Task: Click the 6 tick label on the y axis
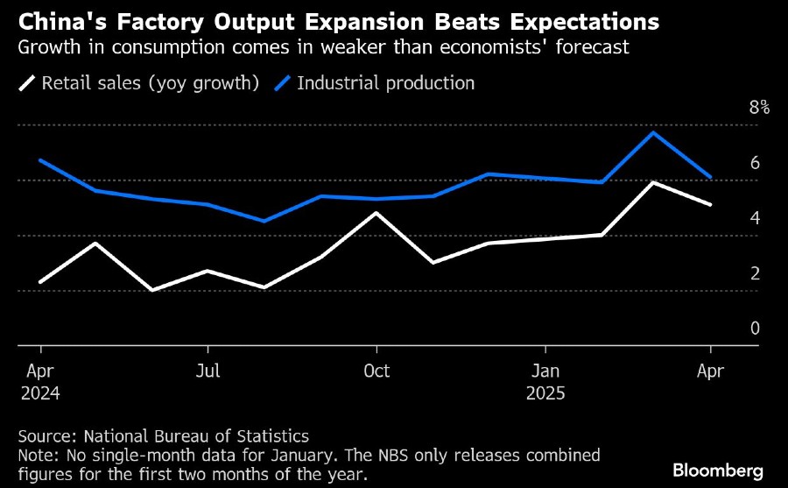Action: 755,163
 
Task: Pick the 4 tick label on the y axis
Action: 755,218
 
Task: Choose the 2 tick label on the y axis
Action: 755,273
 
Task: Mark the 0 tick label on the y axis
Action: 755,329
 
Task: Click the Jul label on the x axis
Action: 208,371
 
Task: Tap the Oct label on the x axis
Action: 376,371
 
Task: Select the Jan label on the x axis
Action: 545,371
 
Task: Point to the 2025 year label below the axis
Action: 547,393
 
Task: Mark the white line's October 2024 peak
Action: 376,213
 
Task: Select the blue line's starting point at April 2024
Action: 41,160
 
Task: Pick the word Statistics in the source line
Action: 272,435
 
